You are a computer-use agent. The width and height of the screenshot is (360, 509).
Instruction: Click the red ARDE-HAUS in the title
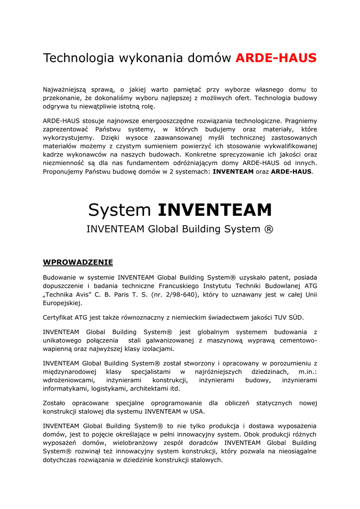[275, 58]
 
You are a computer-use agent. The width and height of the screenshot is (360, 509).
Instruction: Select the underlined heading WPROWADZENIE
[78, 262]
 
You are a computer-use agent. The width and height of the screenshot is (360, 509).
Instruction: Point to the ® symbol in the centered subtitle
[269, 229]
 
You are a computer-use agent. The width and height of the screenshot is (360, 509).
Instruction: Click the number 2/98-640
[180, 294]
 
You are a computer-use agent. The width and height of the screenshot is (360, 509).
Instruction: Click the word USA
[197, 412]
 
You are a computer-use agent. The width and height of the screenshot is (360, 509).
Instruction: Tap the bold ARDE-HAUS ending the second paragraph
[291, 171]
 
